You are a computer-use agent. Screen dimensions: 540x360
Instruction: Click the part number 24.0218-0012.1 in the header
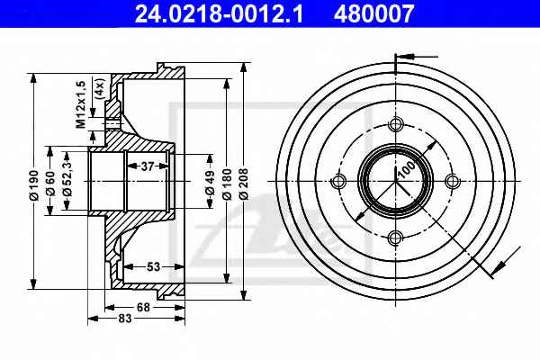pos(219,13)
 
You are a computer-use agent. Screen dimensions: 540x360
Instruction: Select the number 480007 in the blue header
pos(373,13)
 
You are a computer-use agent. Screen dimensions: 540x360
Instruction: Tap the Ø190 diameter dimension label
pos(34,184)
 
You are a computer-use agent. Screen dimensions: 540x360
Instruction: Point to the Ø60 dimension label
pos(50,183)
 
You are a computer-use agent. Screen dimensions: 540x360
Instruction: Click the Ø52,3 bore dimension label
pos(67,178)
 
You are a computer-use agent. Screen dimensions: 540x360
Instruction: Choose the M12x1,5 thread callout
pos(81,104)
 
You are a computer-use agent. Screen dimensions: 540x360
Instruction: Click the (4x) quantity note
pos(100,89)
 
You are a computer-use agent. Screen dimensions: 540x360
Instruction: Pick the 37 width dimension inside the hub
pos(148,166)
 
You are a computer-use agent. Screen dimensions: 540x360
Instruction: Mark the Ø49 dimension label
pos(210,182)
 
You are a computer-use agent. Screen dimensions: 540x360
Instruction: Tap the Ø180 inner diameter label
pos(227,184)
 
